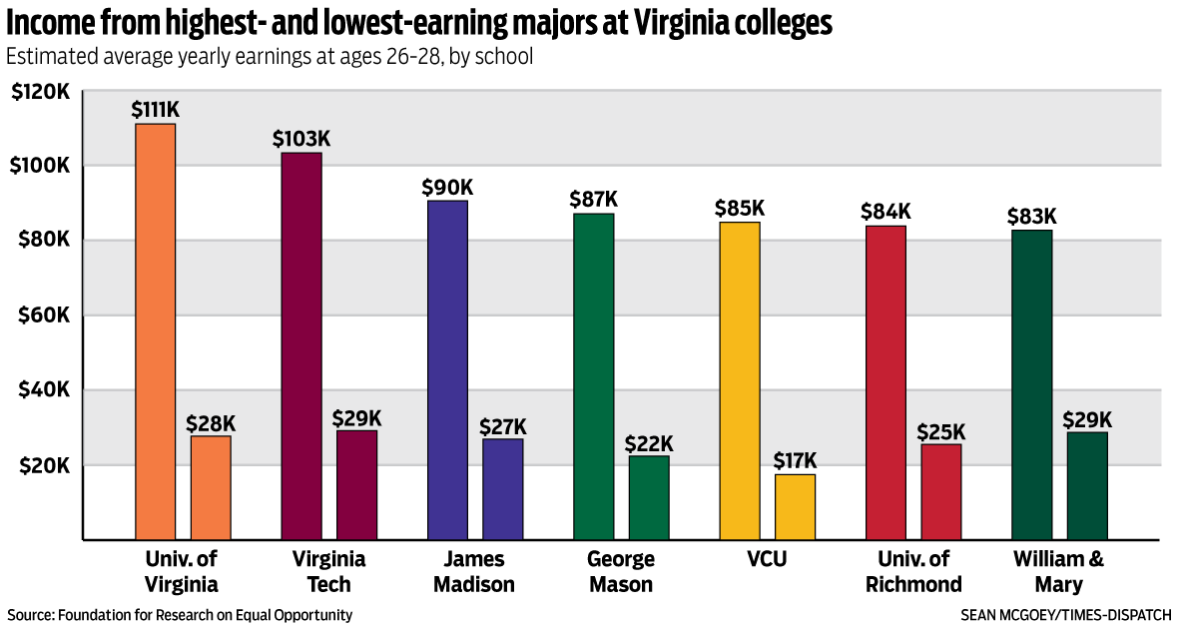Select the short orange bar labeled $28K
click(x=211, y=487)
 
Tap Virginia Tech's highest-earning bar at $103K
click(x=301, y=345)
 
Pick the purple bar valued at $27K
click(x=502, y=489)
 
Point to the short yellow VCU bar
click(x=795, y=506)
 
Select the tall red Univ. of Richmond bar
click(x=885, y=382)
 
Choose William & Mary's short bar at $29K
click(x=1087, y=485)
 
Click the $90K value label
click(x=447, y=187)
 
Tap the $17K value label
click(x=795, y=460)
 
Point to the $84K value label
click(x=885, y=212)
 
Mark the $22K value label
click(x=649, y=442)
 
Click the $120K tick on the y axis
click(x=40, y=92)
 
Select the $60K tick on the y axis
click(x=41, y=315)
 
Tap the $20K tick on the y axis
click(x=41, y=466)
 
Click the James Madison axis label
click(x=474, y=571)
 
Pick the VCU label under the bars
click(x=767, y=559)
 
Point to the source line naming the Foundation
click(x=180, y=615)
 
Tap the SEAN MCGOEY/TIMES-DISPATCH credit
click(x=1066, y=615)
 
